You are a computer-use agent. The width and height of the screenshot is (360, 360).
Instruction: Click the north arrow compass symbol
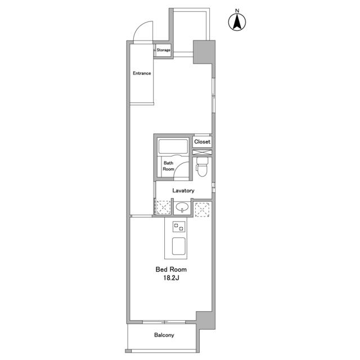237,22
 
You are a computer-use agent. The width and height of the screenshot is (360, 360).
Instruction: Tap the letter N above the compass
237,11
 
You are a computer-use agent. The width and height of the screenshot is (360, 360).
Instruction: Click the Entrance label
142,73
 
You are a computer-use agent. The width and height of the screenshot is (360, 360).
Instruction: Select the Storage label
164,50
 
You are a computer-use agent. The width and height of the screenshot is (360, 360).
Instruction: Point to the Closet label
202,142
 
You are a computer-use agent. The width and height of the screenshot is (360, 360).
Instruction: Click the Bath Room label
168,166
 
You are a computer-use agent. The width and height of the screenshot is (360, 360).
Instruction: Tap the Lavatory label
183,191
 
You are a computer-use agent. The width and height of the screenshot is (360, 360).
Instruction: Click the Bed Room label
171,269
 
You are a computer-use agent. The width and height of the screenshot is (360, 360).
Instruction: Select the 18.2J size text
171,278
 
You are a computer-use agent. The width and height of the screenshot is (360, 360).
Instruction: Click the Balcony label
164,335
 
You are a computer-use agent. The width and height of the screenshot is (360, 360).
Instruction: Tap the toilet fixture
202,166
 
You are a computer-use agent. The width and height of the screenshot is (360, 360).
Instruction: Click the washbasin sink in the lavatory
182,208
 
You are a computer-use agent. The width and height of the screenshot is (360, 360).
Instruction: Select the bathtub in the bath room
173,146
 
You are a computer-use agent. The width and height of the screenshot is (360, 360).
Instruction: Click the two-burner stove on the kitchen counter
179,226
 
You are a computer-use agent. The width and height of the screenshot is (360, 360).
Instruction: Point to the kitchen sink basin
179,246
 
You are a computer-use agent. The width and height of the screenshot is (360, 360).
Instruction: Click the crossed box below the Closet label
202,152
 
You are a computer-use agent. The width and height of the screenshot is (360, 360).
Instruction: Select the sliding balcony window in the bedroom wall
164,322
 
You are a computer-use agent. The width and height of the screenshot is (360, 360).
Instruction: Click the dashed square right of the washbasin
202,209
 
